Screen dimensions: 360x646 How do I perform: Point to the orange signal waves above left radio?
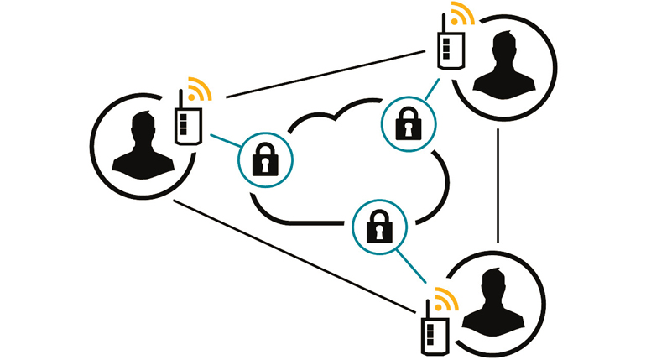198,88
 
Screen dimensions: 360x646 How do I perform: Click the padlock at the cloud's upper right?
405,123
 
